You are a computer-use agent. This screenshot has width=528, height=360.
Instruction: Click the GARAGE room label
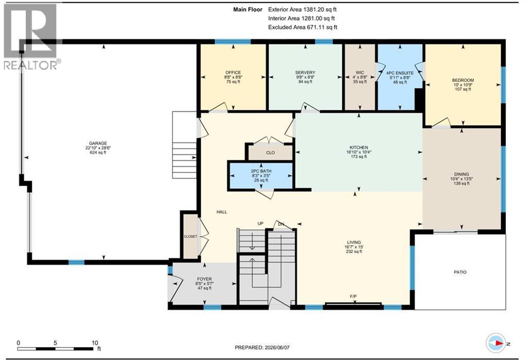97,143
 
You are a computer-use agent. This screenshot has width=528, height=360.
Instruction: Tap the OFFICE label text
233,72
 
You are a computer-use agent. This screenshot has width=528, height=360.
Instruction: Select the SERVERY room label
305,72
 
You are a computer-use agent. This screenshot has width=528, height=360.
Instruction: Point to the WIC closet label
359,72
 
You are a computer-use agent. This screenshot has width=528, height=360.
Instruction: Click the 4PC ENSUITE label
400,73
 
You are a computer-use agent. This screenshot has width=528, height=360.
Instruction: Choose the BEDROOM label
463,80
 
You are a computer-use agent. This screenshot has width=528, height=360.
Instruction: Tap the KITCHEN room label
359,148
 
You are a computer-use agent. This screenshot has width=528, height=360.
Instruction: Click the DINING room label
461,174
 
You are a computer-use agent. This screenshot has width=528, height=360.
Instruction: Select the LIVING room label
354,242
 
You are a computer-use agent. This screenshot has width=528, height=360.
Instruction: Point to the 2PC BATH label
261,171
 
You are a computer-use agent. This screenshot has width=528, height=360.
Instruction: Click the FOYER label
204,279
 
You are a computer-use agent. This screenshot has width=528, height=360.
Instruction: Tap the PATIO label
460,272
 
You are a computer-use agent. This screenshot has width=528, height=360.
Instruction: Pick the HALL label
222,212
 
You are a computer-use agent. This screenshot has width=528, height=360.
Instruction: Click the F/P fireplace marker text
353,297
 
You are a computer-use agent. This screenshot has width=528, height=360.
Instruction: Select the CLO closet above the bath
270,153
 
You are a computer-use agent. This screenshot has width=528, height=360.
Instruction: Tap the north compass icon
496,343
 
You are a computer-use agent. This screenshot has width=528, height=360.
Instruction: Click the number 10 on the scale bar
95,343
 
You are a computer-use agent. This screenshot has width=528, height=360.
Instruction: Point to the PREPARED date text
262,347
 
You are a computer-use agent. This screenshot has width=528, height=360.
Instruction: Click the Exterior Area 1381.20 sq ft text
302,10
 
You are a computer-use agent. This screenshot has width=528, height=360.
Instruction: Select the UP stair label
260,224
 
